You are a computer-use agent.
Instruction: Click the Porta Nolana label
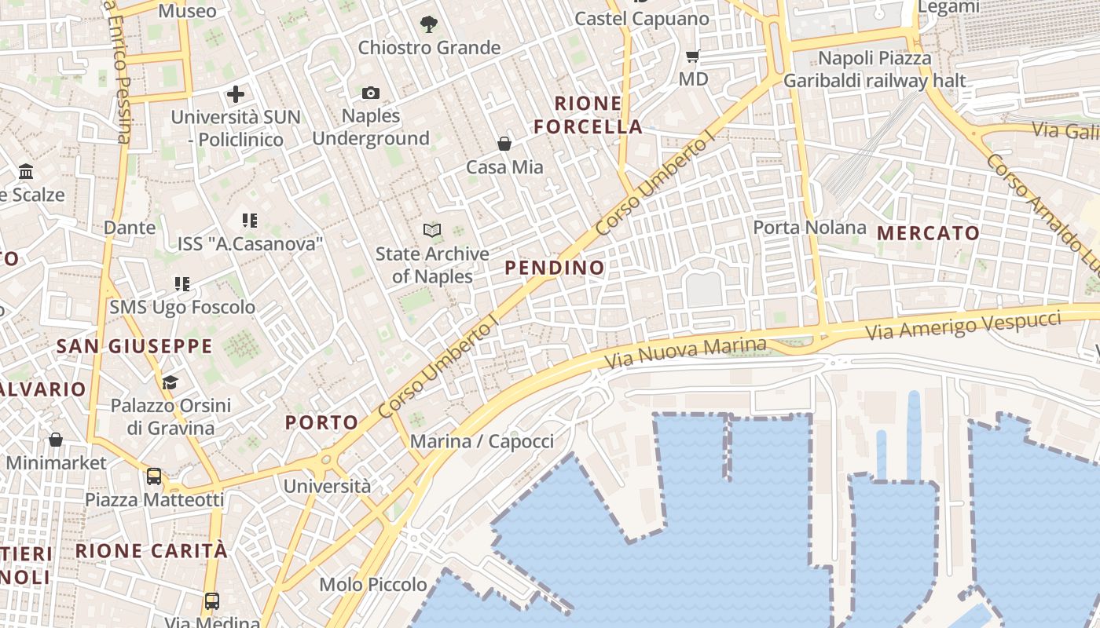pos(809,228)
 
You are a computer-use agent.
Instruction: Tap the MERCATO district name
pos(928,233)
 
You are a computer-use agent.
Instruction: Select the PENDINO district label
pos(555,268)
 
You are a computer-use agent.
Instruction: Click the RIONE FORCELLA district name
pos(588,115)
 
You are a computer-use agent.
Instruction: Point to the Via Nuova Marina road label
pos(685,353)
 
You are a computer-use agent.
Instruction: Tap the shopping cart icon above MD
pos(692,56)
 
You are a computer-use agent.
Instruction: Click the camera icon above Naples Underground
pos(371,93)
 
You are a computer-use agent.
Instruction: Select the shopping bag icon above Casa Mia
pos(504,144)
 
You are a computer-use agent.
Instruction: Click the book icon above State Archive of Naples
pos(432,230)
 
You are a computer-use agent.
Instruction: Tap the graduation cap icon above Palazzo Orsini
pos(170,382)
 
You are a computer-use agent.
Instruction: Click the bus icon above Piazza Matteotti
pos(154,476)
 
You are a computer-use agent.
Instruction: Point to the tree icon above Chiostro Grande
pos(428,24)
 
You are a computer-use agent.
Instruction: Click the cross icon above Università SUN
pos(235,95)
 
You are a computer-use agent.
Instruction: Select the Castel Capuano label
pos(641,19)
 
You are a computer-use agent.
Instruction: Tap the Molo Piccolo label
pos(372,585)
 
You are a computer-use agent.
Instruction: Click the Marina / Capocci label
pos(482,441)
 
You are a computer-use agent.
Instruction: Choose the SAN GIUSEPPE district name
pos(134,346)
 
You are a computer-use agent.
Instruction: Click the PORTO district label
pos(321,422)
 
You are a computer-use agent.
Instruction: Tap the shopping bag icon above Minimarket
pos(55,440)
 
